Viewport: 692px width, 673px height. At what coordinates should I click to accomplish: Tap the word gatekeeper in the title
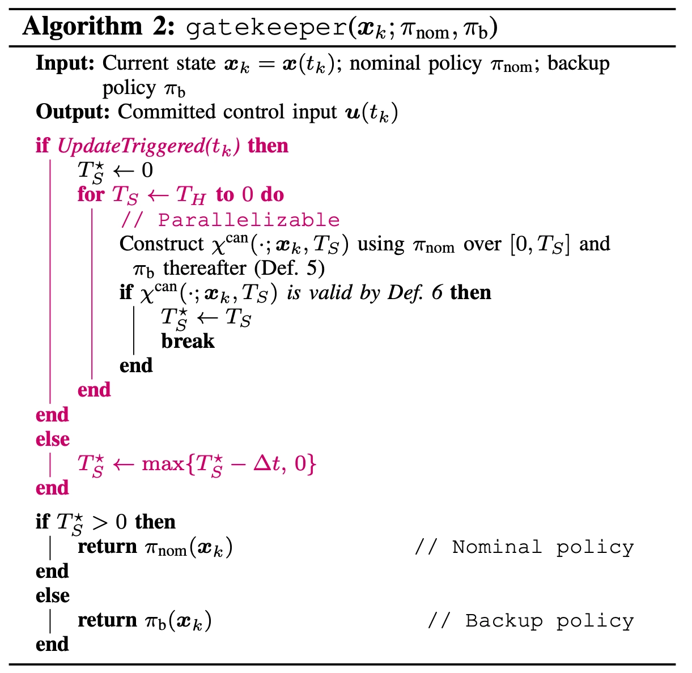(265, 27)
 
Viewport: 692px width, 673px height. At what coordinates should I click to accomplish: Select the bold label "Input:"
(65, 63)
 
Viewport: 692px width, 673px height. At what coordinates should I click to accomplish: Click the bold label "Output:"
(73, 112)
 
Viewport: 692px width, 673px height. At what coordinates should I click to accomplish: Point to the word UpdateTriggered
(131, 146)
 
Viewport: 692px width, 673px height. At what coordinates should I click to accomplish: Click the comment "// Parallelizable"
(231, 220)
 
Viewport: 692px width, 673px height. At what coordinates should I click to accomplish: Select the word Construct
(161, 244)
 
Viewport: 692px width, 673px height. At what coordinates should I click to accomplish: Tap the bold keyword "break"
(188, 341)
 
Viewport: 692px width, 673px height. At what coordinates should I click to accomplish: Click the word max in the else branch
(163, 464)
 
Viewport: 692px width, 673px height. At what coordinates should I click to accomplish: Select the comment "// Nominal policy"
(524, 547)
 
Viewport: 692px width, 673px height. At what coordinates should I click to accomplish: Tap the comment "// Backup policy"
(530, 620)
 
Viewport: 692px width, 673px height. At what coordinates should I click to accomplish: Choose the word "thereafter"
(205, 268)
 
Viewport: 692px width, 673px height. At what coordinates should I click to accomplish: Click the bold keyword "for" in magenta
(91, 195)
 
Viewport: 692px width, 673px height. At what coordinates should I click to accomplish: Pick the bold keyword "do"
(272, 195)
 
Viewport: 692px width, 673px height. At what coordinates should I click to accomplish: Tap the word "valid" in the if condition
(332, 292)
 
